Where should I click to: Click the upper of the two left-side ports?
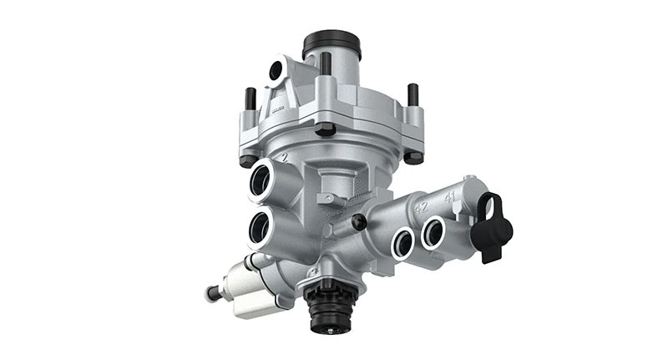(x=261, y=180)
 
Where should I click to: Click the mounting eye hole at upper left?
(x=275, y=74)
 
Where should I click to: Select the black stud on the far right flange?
(x=412, y=94)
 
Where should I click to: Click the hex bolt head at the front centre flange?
(x=326, y=129)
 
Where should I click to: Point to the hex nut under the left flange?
(x=247, y=160)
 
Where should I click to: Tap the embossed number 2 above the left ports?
(x=285, y=156)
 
